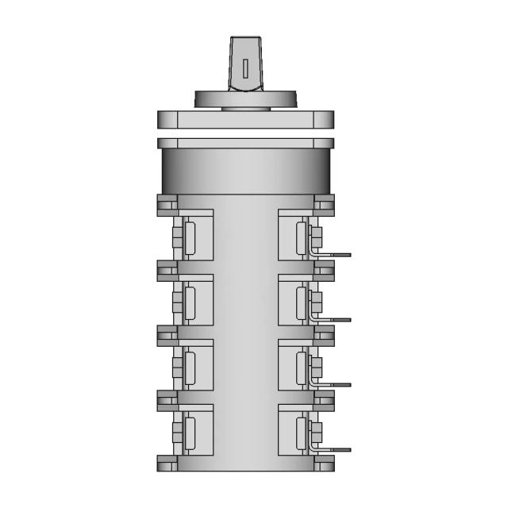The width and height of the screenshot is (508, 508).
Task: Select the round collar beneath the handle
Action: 245,99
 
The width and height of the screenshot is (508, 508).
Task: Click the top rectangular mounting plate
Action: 245,120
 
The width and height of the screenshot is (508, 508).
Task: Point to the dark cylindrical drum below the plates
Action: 245,171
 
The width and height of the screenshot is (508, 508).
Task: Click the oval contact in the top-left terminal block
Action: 190,237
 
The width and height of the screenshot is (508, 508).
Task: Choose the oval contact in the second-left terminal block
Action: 190,302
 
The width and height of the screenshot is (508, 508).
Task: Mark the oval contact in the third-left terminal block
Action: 190,368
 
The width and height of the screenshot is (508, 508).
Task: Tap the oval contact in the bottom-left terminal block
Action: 190,433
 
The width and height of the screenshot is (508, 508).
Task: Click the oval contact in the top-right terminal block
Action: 301,237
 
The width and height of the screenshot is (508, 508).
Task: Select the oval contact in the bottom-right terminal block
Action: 301,433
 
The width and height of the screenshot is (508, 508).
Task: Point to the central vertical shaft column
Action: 245,333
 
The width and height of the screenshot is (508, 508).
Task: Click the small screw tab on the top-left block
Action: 177,237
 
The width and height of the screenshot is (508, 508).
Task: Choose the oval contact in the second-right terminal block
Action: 301,302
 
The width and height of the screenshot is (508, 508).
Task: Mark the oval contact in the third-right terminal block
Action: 301,368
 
